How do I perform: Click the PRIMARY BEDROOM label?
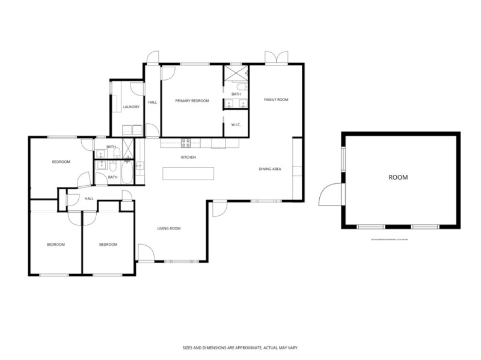[x=192, y=101]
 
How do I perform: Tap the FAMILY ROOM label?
[x=277, y=99]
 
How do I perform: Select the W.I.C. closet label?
[x=236, y=124]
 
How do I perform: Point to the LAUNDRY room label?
[x=131, y=107]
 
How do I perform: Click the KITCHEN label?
[x=188, y=157]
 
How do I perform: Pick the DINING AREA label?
[x=270, y=169]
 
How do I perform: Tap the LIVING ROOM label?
[x=169, y=228]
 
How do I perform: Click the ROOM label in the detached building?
[x=398, y=177]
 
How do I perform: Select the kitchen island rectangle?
[x=188, y=173]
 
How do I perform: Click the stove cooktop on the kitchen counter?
[x=186, y=143]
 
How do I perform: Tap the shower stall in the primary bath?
[x=236, y=74]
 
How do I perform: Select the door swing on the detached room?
[x=331, y=195]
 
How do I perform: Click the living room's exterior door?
[x=145, y=252]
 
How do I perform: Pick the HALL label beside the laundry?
[x=153, y=102]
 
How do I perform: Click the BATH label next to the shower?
[x=236, y=94]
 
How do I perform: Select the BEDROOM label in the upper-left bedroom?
[x=61, y=162]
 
